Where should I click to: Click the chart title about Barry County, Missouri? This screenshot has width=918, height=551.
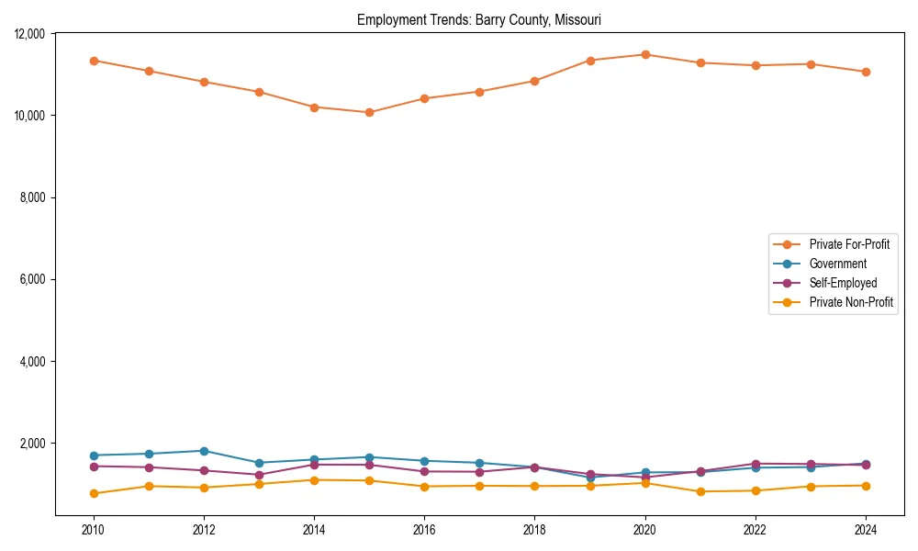click(478, 19)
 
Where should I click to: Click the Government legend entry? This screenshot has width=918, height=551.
click(837, 264)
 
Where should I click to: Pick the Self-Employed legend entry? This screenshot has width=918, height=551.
click(843, 283)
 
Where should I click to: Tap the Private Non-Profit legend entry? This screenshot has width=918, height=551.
click(851, 302)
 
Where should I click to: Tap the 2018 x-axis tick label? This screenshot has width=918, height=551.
click(534, 530)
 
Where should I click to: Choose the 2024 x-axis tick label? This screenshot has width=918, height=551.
click(866, 530)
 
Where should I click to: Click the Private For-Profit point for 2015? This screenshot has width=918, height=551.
click(369, 112)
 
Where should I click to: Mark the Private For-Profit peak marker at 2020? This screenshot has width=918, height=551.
click(645, 54)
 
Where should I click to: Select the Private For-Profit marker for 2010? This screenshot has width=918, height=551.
click(94, 61)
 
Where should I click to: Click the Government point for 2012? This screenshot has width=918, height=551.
click(204, 451)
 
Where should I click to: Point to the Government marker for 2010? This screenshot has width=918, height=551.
click(94, 455)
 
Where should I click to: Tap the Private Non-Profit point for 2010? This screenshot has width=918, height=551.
click(94, 493)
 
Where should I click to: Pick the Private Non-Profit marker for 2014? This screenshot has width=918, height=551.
click(314, 480)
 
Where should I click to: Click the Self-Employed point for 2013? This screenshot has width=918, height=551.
click(259, 475)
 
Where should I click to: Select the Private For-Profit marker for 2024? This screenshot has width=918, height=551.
click(866, 72)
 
